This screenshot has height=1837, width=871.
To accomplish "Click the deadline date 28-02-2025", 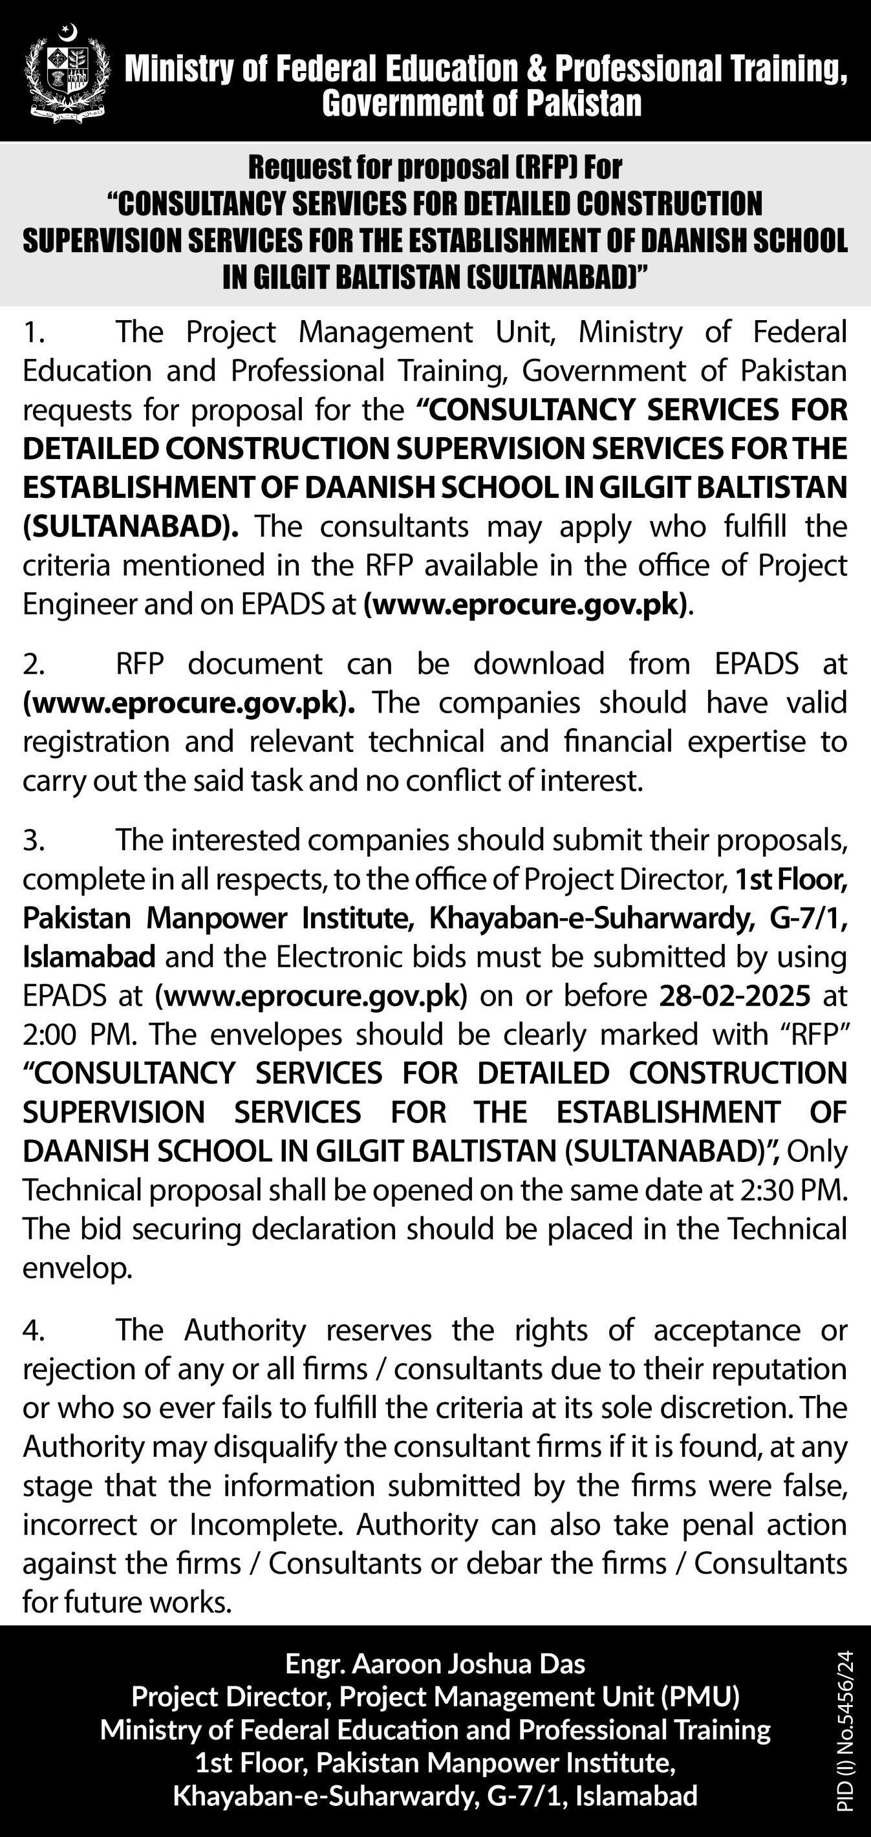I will point(734,996).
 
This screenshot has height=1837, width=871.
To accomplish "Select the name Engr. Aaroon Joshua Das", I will point(435,1665).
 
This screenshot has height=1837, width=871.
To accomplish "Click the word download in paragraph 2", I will point(539,665).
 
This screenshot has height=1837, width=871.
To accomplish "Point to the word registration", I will point(96,742).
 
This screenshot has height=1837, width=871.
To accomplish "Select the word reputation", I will point(781,1370).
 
